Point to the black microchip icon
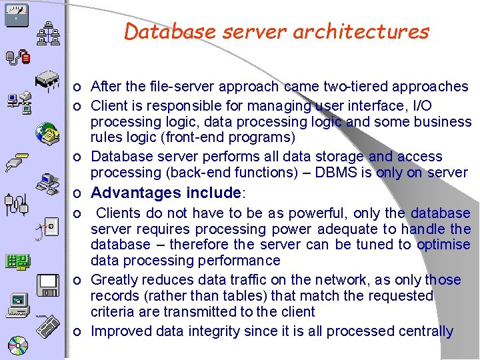(49, 79)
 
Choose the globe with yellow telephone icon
(47, 134)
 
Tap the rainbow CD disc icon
(17, 346)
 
